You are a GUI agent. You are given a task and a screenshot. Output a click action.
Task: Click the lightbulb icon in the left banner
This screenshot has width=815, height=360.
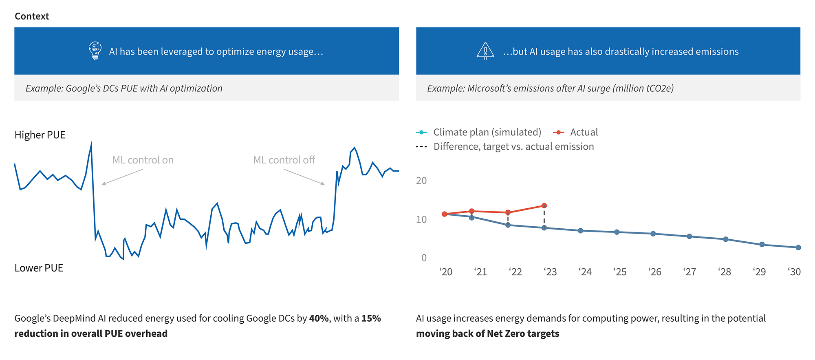pyautogui.click(x=95, y=51)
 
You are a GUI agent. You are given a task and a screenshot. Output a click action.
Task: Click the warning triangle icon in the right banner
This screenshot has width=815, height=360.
pyautogui.click(x=485, y=51)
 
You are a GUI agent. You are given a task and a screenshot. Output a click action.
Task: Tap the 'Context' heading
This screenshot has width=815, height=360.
pyautogui.click(x=32, y=16)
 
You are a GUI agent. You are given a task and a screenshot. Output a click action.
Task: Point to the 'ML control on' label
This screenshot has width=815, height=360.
pyautogui.click(x=143, y=160)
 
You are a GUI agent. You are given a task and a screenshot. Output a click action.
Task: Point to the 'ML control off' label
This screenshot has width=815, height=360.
pyautogui.click(x=284, y=160)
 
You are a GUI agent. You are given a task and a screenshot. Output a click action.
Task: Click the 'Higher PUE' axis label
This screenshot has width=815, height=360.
pyautogui.click(x=40, y=135)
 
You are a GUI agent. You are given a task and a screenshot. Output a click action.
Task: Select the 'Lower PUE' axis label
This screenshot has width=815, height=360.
pyautogui.click(x=39, y=268)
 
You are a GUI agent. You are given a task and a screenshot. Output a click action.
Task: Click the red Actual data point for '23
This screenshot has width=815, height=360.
pyautogui.click(x=544, y=206)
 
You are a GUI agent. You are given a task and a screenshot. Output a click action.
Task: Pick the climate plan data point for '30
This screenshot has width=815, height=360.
pyautogui.click(x=798, y=247)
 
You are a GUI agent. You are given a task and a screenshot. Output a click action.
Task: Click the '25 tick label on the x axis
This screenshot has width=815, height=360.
pyautogui.click(x=620, y=272)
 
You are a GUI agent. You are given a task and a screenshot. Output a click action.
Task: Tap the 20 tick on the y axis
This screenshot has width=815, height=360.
pyautogui.click(x=421, y=181)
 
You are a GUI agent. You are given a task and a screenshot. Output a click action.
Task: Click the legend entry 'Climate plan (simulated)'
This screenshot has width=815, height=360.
pyautogui.click(x=487, y=132)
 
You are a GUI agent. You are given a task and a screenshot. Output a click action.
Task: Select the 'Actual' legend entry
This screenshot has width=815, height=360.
pyautogui.click(x=584, y=132)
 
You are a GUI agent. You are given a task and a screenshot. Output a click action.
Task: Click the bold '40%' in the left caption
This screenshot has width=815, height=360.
pyautogui.click(x=319, y=318)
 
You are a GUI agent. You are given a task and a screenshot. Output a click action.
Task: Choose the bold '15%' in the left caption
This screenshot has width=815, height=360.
pyautogui.click(x=371, y=318)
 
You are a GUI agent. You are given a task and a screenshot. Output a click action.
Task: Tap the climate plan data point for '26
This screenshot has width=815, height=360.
pyautogui.click(x=653, y=234)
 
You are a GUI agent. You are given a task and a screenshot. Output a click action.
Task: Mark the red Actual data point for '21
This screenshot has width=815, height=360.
pyautogui.click(x=471, y=211)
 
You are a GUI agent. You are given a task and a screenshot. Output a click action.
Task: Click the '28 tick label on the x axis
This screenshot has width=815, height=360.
pyautogui.click(x=725, y=272)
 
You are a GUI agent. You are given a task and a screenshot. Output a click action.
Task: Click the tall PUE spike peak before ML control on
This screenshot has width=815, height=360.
pyautogui.click(x=91, y=144)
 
